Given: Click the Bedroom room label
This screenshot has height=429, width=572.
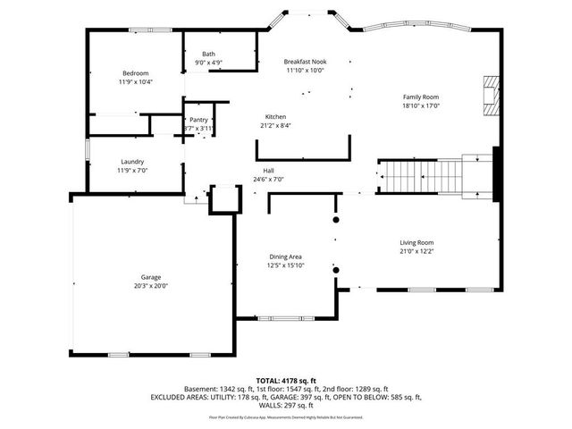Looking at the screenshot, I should (135, 72).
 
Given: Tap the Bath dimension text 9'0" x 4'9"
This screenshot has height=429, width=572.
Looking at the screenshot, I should (208, 63).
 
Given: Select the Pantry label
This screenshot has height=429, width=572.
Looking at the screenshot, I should (198, 119).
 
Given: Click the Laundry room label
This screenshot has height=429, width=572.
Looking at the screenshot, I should (132, 162).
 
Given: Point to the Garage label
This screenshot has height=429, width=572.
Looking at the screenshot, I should (150, 277).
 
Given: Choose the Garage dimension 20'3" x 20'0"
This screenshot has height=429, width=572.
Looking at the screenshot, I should (150, 286).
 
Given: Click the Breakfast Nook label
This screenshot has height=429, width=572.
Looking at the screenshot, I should (305, 61).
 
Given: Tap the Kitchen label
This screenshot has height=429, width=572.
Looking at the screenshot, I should (276, 116).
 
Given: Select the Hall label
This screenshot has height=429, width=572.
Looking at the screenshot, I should (268, 171).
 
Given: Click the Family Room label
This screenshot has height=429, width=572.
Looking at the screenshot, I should (420, 97).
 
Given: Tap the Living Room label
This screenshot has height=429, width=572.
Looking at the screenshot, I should (416, 242).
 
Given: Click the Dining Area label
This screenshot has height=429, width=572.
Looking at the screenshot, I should (285, 257).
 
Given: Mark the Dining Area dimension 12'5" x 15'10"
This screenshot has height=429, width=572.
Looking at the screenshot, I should (285, 265).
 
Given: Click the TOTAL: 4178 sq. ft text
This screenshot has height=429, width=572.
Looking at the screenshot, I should (286, 380).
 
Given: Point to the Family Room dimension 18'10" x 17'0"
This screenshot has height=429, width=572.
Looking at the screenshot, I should (420, 105).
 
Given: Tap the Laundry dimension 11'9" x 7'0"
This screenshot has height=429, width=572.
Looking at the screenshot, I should (132, 171).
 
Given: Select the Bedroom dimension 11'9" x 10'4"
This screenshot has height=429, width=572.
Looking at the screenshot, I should (135, 81).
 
